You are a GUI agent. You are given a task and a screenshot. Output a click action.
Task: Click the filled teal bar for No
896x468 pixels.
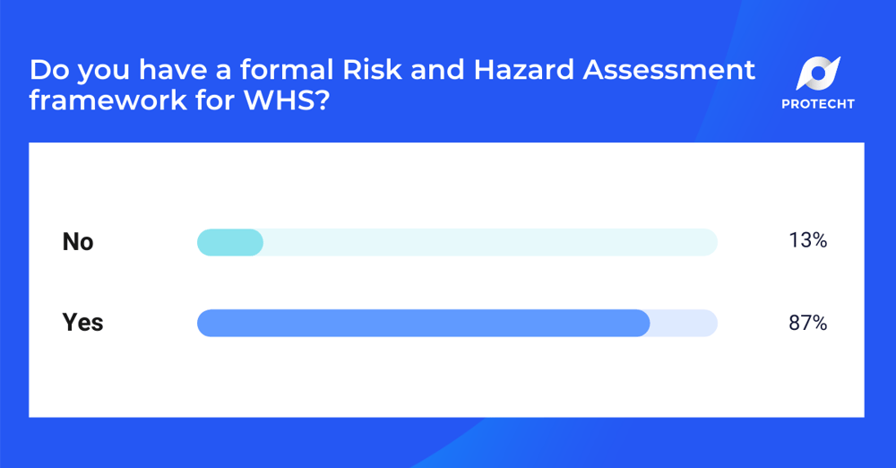[x=229, y=242]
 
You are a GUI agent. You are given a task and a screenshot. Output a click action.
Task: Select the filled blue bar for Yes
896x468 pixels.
[x=423, y=323]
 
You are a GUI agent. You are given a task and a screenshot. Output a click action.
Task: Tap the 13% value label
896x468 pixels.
[x=807, y=241]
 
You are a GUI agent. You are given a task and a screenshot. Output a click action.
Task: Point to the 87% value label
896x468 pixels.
[x=807, y=323]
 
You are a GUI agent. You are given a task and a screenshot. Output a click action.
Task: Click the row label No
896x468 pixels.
[x=78, y=242]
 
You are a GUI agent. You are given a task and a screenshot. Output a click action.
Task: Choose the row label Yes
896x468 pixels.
[x=82, y=323]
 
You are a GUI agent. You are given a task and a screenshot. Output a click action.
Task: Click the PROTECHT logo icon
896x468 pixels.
[x=817, y=74]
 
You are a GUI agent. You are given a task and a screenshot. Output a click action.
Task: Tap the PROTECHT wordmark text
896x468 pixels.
[x=817, y=104]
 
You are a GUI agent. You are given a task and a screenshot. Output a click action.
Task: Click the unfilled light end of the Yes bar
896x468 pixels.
[x=684, y=323]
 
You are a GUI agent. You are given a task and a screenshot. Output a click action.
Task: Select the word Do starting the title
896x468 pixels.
[x=45, y=70]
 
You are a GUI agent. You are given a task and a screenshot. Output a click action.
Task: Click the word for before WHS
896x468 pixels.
[x=196, y=100]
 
